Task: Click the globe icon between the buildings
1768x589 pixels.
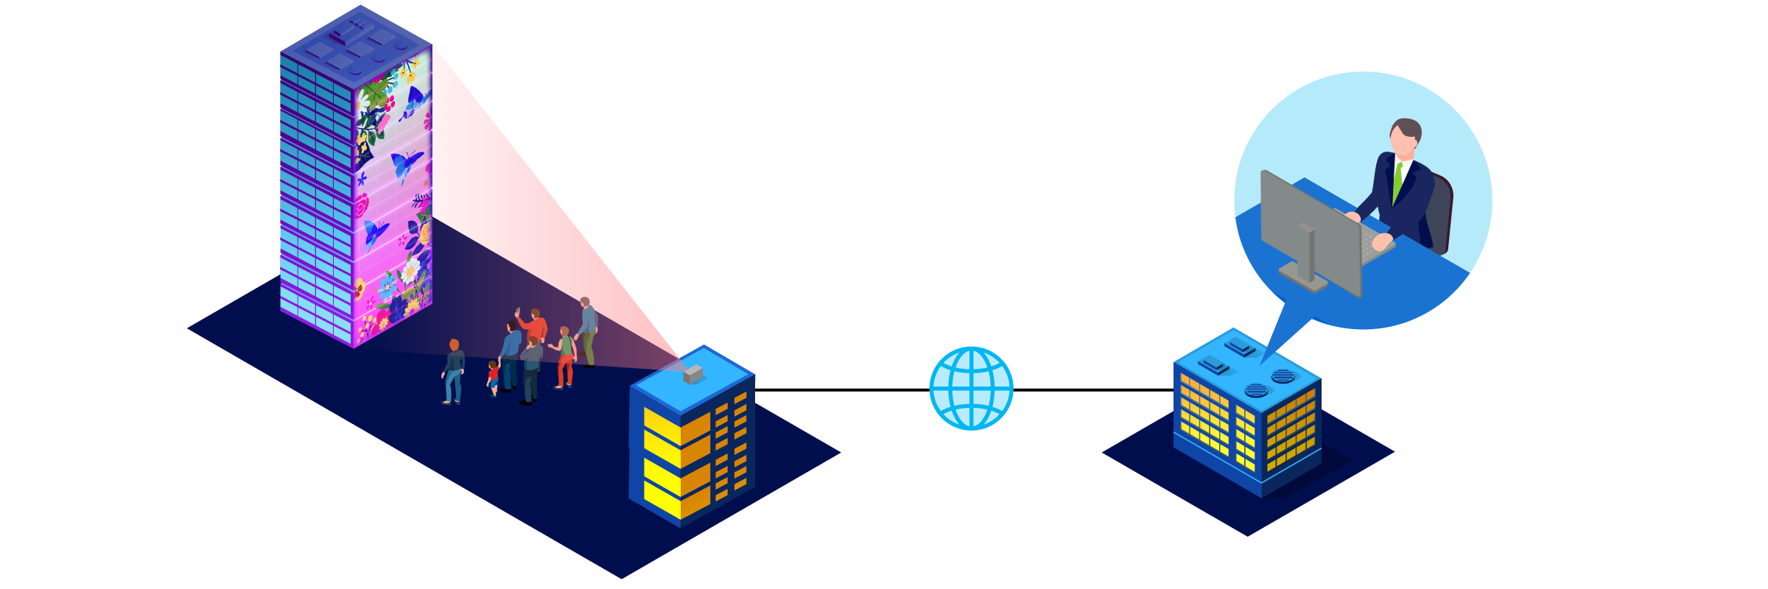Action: (x=971, y=388)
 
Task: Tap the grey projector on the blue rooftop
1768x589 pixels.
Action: (x=692, y=374)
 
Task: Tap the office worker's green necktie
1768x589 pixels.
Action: (x=1397, y=181)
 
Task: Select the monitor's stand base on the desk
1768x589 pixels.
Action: (x=1303, y=278)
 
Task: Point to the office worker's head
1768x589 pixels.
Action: (x=1405, y=136)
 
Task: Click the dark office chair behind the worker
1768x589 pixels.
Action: (x=1440, y=214)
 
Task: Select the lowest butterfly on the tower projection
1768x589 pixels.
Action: (x=375, y=233)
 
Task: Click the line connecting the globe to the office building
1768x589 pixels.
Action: (x=1093, y=389)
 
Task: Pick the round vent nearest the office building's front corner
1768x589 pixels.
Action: (x=1256, y=389)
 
